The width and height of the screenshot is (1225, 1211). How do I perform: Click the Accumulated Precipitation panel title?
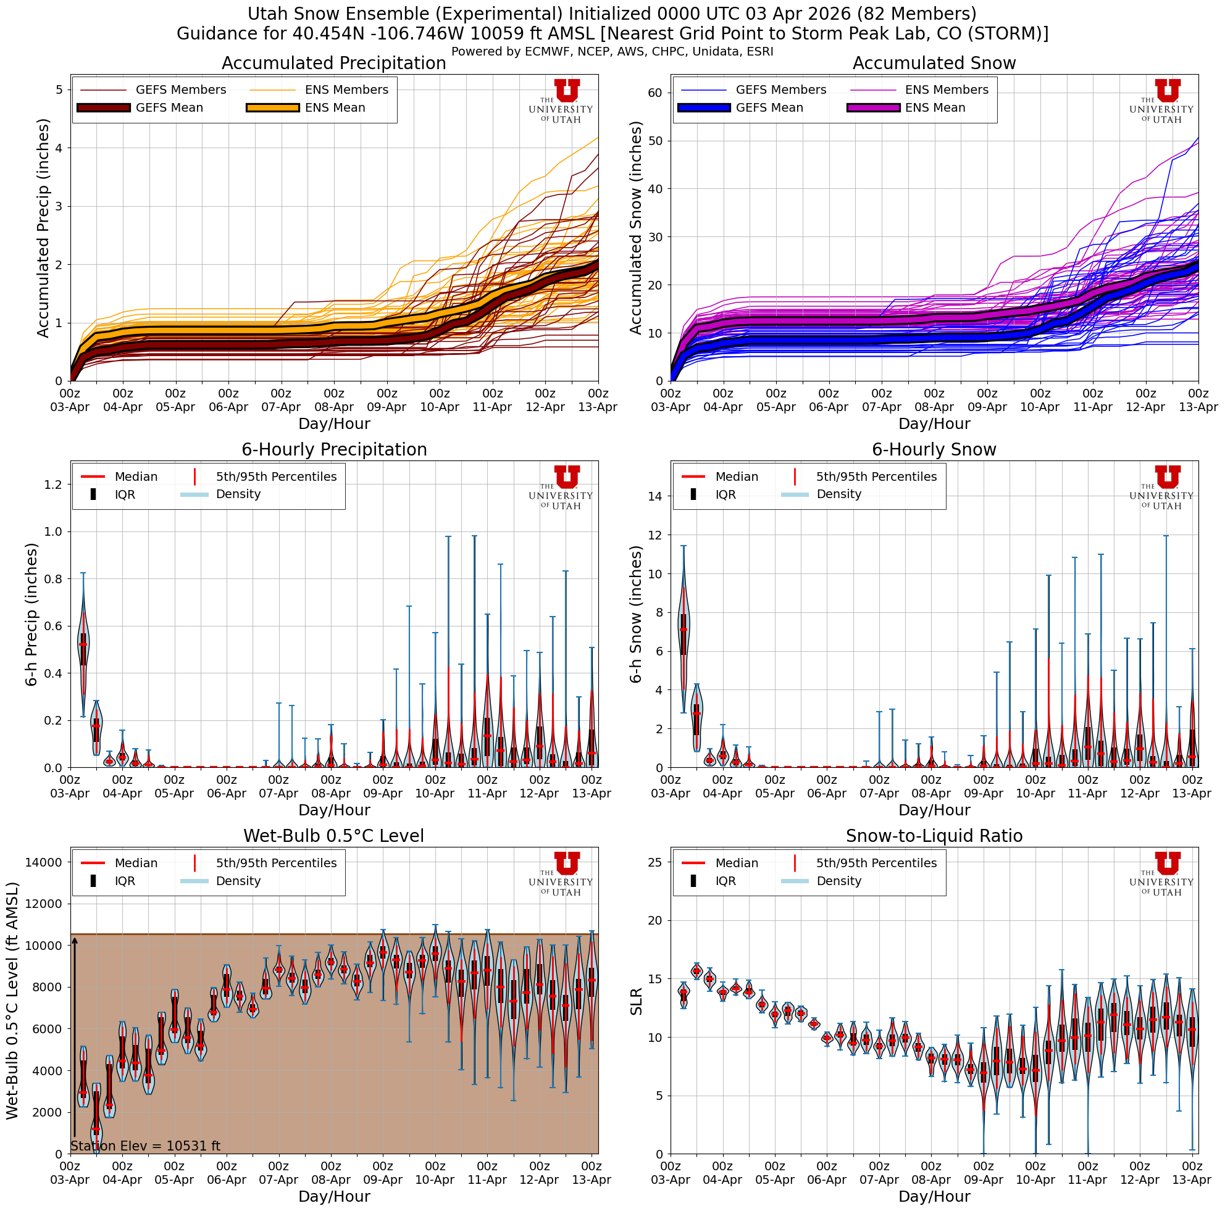(333, 64)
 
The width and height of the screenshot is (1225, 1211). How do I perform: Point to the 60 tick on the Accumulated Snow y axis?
(655, 93)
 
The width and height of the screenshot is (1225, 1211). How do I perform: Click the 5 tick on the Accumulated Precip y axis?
(59, 90)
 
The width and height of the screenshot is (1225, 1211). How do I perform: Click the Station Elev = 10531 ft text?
(145, 1146)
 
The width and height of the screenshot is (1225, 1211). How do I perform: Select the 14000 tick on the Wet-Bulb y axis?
(43, 862)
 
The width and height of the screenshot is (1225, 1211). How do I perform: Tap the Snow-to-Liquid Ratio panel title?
(934, 836)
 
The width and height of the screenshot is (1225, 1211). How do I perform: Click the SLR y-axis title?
(637, 1001)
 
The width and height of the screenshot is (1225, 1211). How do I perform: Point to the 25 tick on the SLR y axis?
(655, 862)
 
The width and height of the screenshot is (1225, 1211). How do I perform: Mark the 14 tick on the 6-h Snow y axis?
(655, 496)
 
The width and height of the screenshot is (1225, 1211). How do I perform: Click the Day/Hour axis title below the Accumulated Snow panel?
(934, 424)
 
